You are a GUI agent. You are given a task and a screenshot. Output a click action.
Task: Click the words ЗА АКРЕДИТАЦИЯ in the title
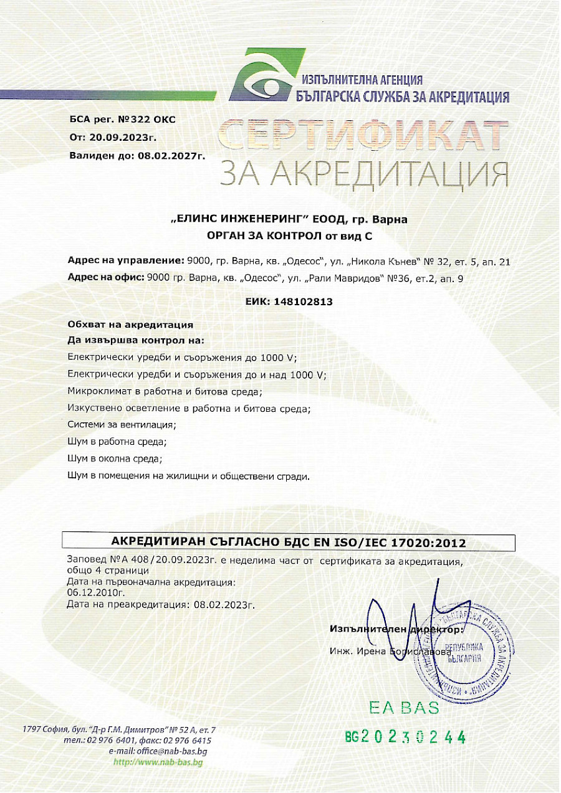click(x=364, y=174)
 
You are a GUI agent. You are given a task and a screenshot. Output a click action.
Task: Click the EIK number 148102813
click(x=299, y=302)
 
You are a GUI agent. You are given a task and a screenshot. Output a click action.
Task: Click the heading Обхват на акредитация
click(x=130, y=325)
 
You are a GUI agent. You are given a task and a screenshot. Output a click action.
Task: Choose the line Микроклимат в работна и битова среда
click(x=165, y=391)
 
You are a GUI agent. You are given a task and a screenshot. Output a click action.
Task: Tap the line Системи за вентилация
click(x=122, y=425)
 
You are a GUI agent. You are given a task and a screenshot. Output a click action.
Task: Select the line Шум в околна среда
click(x=114, y=459)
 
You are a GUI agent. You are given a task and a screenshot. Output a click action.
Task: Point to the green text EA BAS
click(x=403, y=708)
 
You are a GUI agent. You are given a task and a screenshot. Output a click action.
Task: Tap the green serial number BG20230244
click(x=406, y=738)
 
